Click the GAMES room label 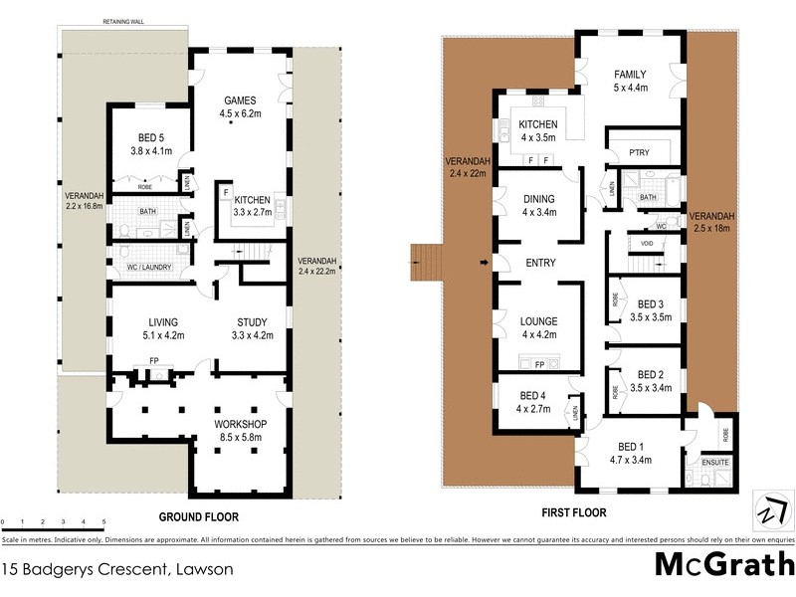pos(241,100)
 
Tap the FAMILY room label pos(630,75)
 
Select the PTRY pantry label pos(639,153)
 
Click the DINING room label pos(538,199)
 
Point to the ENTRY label pos(538,263)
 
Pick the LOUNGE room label pos(538,321)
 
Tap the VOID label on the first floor pos(647,243)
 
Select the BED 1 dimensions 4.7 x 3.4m pos(629,460)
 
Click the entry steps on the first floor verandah pos(426,263)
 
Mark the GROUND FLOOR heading pos(199,517)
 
